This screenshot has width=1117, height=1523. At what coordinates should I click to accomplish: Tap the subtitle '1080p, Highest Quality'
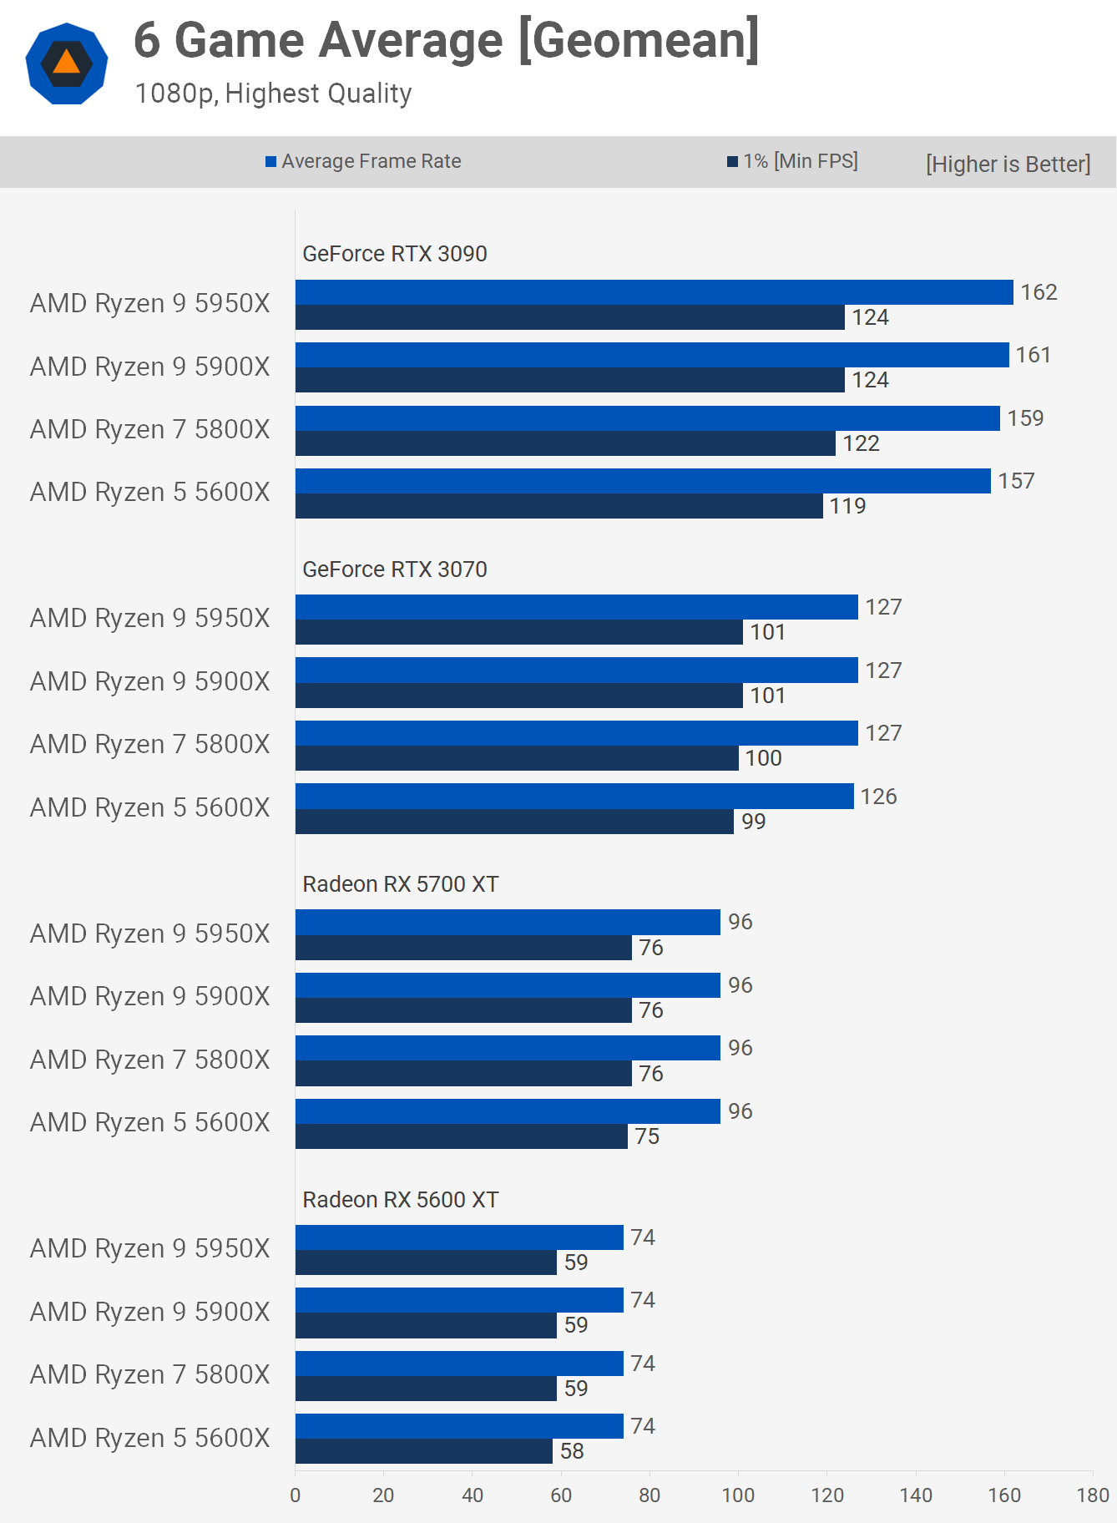pyautogui.click(x=273, y=94)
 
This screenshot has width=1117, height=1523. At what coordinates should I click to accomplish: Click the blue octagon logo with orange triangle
pyautogui.click(x=67, y=63)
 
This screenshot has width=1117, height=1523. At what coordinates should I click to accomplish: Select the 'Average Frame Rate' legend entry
pyautogui.click(x=363, y=161)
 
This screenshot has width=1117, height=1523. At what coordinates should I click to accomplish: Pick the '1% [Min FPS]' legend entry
pyautogui.click(x=792, y=161)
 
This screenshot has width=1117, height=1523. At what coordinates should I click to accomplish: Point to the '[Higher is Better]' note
pyautogui.click(x=1008, y=164)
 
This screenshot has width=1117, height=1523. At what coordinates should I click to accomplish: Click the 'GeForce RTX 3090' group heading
pyautogui.click(x=394, y=254)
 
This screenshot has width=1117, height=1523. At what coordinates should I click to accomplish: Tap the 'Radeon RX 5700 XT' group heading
pyautogui.click(x=400, y=884)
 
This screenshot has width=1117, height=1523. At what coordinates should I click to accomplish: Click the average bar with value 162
pyautogui.click(x=654, y=292)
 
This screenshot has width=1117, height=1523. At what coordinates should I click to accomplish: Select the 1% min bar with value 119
pyautogui.click(x=558, y=506)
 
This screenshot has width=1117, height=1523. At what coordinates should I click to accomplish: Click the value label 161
pyautogui.click(x=1033, y=355)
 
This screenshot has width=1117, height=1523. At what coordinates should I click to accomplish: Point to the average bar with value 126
pyautogui.click(x=574, y=796)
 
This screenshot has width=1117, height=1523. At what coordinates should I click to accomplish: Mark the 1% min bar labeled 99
pyautogui.click(x=514, y=822)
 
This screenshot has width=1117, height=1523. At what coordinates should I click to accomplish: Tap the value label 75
pyautogui.click(x=647, y=1136)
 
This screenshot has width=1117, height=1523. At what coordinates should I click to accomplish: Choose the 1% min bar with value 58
pyautogui.click(x=423, y=1451)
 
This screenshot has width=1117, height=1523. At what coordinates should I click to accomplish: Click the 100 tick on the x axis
pyautogui.click(x=738, y=1495)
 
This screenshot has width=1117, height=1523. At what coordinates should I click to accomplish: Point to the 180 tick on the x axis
pyautogui.click(x=1093, y=1495)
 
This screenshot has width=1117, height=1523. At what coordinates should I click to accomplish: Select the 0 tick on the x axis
pyautogui.click(x=295, y=1495)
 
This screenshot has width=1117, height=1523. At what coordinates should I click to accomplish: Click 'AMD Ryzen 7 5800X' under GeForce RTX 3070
pyautogui.click(x=150, y=744)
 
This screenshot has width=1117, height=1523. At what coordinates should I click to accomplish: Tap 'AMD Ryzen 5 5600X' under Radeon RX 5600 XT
pyautogui.click(x=150, y=1438)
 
